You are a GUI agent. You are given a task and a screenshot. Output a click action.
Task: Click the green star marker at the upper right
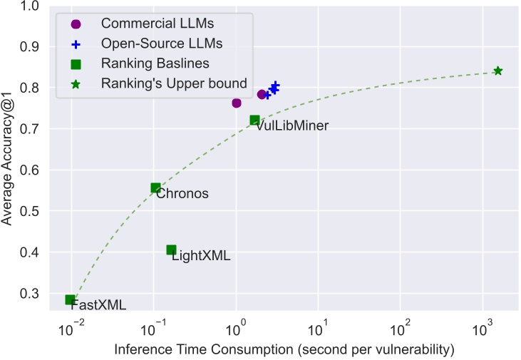tap(497, 71)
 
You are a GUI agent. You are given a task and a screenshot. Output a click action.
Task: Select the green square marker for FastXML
tap(70, 299)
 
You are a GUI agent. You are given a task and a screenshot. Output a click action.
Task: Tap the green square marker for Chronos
tap(155, 188)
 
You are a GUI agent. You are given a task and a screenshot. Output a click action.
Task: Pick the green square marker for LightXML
tap(171, 250)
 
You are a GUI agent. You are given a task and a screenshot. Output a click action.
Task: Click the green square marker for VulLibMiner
tap(254, 120)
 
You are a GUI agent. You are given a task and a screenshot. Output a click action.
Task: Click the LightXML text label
tap(201, 256)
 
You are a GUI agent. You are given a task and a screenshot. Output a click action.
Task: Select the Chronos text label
tap(182, 193)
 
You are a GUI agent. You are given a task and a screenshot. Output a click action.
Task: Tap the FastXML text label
tap(98, 305)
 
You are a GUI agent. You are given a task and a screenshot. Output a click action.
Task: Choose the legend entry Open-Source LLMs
tap(152, 43)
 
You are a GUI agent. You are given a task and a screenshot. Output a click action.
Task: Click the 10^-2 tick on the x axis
tap(70, 330)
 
